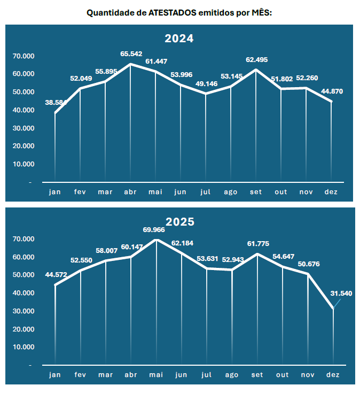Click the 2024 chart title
[x=179, y=38]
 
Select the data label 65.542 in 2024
[x=131, y=54]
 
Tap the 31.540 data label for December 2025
[x=342, y=293]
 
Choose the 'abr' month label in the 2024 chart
[x=130, y=192]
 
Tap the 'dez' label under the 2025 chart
[x=332, y=375]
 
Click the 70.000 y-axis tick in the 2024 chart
[x=24, y=56]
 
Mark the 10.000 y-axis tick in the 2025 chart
[x=24, y=347]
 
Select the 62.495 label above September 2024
[x=257, y=59]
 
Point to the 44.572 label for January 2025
[x=56, y=275]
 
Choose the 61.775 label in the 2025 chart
[x=257, y=244]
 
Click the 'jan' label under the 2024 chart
[x=55, y=192]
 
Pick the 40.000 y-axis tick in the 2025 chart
[x=24, y=293]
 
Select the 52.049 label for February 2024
[x=81, y=79]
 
